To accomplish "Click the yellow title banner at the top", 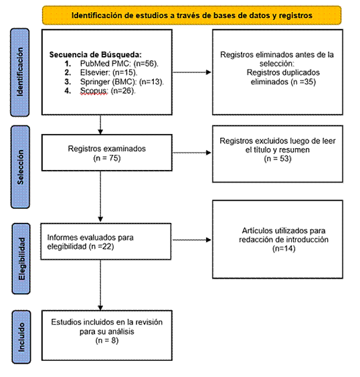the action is click(x=191, y=15).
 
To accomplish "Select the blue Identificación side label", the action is click(x=20, y=72).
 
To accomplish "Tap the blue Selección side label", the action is click(x=21, y=167).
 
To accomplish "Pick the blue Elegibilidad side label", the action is click(x=21, y=258).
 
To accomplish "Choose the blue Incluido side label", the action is click(x=21, y=337).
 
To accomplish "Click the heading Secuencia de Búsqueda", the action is click(x=96, y=55).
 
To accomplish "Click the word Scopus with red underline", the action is click(x=94, y=90).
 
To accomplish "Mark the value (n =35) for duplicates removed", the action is click(x=303, y=82).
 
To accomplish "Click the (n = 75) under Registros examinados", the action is click(x=106, y=158).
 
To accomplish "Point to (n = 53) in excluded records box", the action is click(x=278, y=159).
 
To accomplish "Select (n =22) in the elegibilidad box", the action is click(x=101, y=246).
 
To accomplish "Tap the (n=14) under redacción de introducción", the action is click(x=284, y=248).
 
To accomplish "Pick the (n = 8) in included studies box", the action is click(x=107, y=340).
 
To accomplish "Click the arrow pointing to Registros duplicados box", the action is click(x=192, y=72).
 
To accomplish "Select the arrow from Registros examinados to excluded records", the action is click(x=192, y=153).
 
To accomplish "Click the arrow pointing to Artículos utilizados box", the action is click(x=192, y=240).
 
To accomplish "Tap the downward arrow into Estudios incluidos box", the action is click(x=100, y=285).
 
